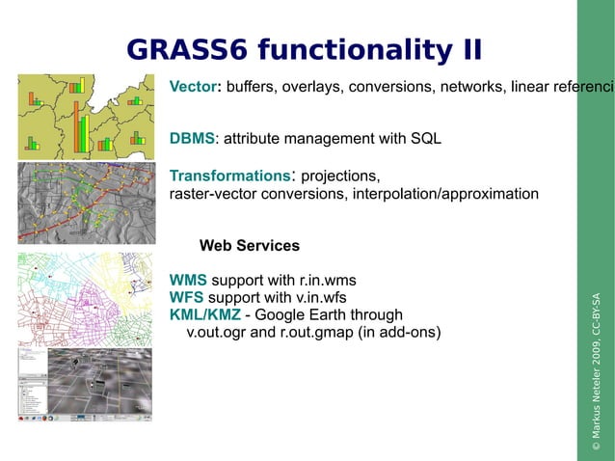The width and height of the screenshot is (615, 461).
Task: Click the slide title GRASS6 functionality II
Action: (305, 49)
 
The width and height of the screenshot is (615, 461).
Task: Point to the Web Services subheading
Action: (249, 246)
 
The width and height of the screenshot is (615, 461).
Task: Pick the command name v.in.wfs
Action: (317, 297)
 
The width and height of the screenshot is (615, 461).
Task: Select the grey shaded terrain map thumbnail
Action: (85, 205)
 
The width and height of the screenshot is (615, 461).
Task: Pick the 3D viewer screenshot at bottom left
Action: (85, 384)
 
